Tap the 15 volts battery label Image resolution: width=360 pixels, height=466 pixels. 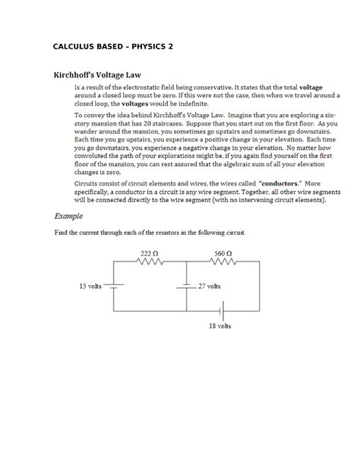[90, 287]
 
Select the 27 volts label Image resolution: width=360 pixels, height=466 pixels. [209, 287]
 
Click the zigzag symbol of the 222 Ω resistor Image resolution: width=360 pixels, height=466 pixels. [149, 262]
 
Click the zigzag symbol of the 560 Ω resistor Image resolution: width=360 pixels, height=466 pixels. [223, 262]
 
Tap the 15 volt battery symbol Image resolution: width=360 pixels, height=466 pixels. [113, 287]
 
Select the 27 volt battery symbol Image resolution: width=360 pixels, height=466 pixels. [186, 287]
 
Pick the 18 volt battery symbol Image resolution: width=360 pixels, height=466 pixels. [220, 311]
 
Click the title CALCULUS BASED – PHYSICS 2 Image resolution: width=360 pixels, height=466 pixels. [113, 46]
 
